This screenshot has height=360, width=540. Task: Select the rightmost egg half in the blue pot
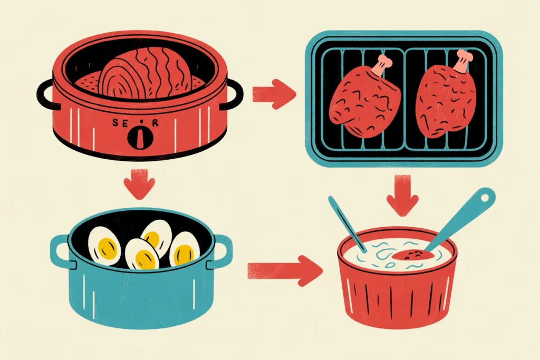185,250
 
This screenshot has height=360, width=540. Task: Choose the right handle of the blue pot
222,248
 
